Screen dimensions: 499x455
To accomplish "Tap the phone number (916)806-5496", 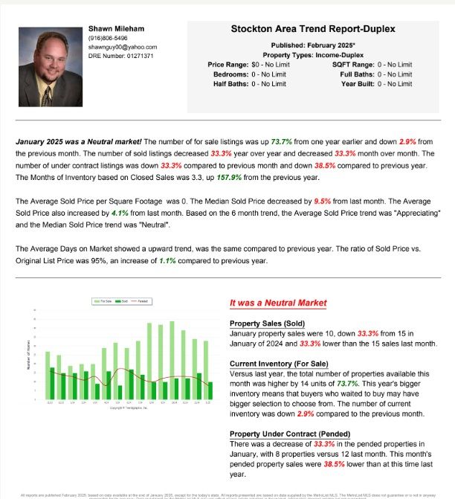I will tap(108, 38).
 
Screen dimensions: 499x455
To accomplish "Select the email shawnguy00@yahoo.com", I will tap(123, 47).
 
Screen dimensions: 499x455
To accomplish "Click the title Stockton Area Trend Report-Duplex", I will tap(313, 29).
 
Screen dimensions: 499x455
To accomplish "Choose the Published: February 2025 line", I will tap(313, 46).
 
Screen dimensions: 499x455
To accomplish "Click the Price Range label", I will tap(227, 65).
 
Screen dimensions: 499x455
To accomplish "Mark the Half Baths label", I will tap(231, 83).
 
